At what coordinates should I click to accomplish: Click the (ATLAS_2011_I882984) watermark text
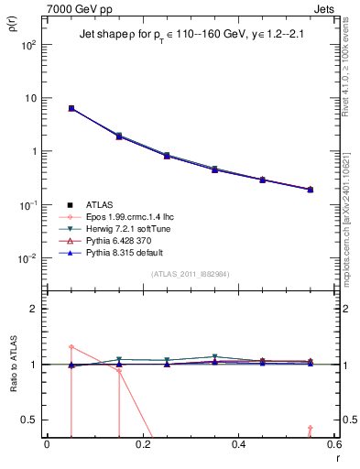(x=190, y=274)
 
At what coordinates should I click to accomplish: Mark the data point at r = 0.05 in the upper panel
(x=71, y=108)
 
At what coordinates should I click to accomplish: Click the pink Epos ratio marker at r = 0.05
(x=71, y=346)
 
